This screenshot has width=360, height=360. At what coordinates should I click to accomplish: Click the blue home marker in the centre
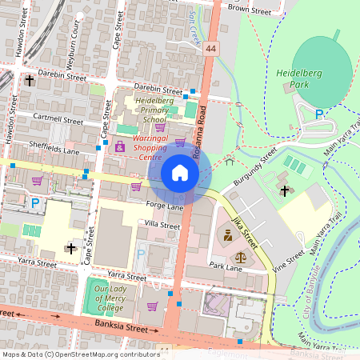(x=180, y=173)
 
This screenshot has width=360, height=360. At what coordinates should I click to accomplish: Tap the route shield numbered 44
(x=211, y=49)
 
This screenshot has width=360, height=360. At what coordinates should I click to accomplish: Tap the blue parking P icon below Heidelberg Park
(x=319, y=115)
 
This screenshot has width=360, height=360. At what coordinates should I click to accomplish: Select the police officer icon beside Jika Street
(x=228, y=236)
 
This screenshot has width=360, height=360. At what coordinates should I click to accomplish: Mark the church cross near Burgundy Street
(x=286, y=190)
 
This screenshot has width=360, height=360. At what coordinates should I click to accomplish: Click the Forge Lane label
(x=164, y=206)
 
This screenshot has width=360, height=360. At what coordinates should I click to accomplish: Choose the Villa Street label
(x=161, y=226)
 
